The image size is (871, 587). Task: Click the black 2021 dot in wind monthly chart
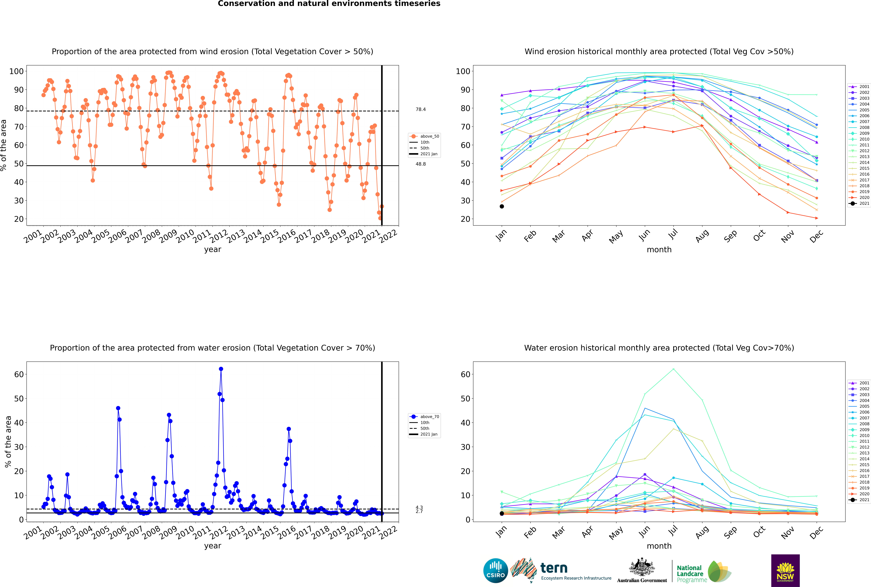(x=502, y=206)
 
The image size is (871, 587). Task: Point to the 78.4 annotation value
(x=420, y=109)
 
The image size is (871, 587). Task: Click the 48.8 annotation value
(x=420, y=164)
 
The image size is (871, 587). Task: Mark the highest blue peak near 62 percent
(x=221, y=369)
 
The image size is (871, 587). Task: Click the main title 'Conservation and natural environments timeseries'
(x=329, y=4)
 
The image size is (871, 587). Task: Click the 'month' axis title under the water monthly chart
(x=659, y=546)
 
